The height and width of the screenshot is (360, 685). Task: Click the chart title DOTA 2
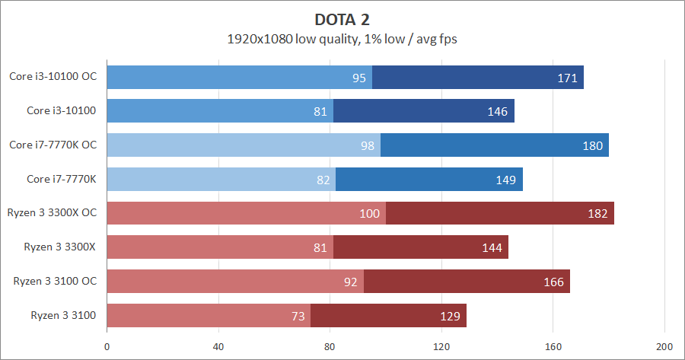pos(342,18)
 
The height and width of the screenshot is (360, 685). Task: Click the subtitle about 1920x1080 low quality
pos(342,38)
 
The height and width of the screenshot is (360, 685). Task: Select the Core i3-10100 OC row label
pos(53,77)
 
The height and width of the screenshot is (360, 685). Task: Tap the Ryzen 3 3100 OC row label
pos(55,282)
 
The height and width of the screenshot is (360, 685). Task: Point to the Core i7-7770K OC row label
pos(53,145)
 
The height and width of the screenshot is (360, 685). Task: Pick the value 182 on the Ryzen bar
pos(598,214)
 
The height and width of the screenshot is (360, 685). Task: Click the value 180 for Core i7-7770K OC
pos(593,145)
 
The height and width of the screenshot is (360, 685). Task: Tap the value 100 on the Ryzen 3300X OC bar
pos(370,214)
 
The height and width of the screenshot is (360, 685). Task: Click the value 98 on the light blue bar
pos(367,145)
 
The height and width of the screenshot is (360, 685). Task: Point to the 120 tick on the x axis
pos(441,345)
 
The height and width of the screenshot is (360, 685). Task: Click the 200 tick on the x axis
pos(664,345)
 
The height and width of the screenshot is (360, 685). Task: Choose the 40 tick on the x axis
pos(218,345)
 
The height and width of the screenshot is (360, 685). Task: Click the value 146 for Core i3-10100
pos(498,111)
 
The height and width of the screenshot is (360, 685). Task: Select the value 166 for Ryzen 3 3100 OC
pos(554,282)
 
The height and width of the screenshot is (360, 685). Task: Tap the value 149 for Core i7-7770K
pos(506,180)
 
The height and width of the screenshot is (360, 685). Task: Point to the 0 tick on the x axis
pos(107,345)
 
